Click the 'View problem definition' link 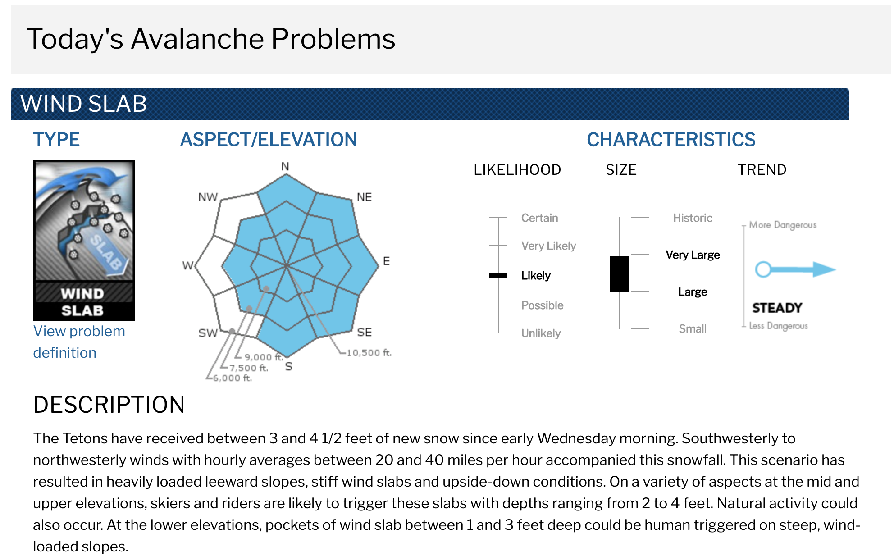tap(79, 342)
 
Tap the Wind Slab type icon tap(84, 240)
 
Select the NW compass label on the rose tap(208, 197)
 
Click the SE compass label tap(365, 333)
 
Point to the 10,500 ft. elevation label tap(369, 353)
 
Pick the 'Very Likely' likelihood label tap(548, 246)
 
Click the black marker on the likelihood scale tap(498, 275)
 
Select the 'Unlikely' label tap(541, 333)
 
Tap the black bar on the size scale tap(620, 274)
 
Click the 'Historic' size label tap(693, 218)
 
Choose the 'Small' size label tap(693, 329)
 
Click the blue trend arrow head tap(825, 269)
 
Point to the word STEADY tap(777, 308)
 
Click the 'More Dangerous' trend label tap(783, 225)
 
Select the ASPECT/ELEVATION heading tap(269, 140)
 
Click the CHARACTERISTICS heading tap(671, 140)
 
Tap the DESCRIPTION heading tap(109, 405)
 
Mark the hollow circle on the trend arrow tap(763, 269)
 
